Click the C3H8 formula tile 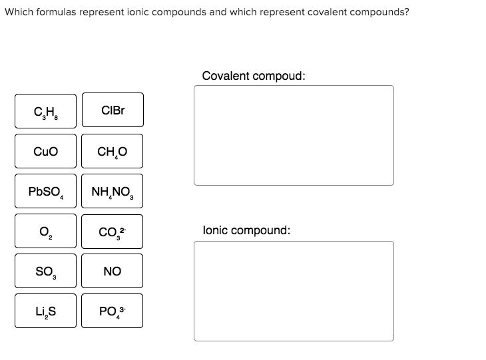coord(46,111)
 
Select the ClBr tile coord(112,110)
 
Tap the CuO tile coord(46,151)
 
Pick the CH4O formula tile coord(112,151)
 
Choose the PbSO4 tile coord(46,192)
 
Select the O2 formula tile coord(46,232)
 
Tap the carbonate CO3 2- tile coord(112,232)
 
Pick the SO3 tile coord(46,271)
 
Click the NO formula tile coord(112,271)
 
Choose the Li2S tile coord(46,311)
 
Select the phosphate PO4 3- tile coord(112,311)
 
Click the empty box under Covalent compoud coord(294,135)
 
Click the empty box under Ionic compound coord(294,291)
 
